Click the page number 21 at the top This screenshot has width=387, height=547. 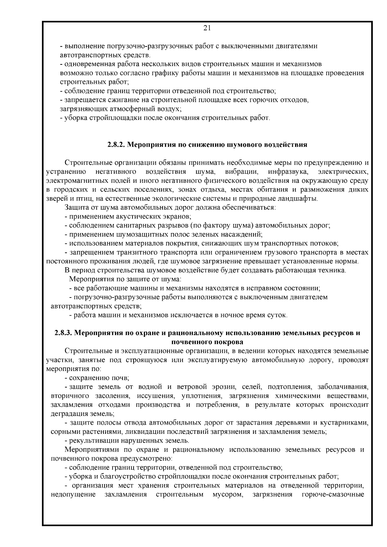tap(207, 28)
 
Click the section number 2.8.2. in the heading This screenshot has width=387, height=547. tap(116, 144)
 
